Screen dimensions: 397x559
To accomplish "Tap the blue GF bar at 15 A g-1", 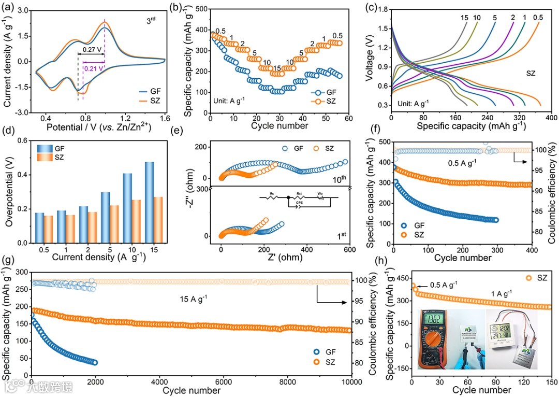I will (149, 202).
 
